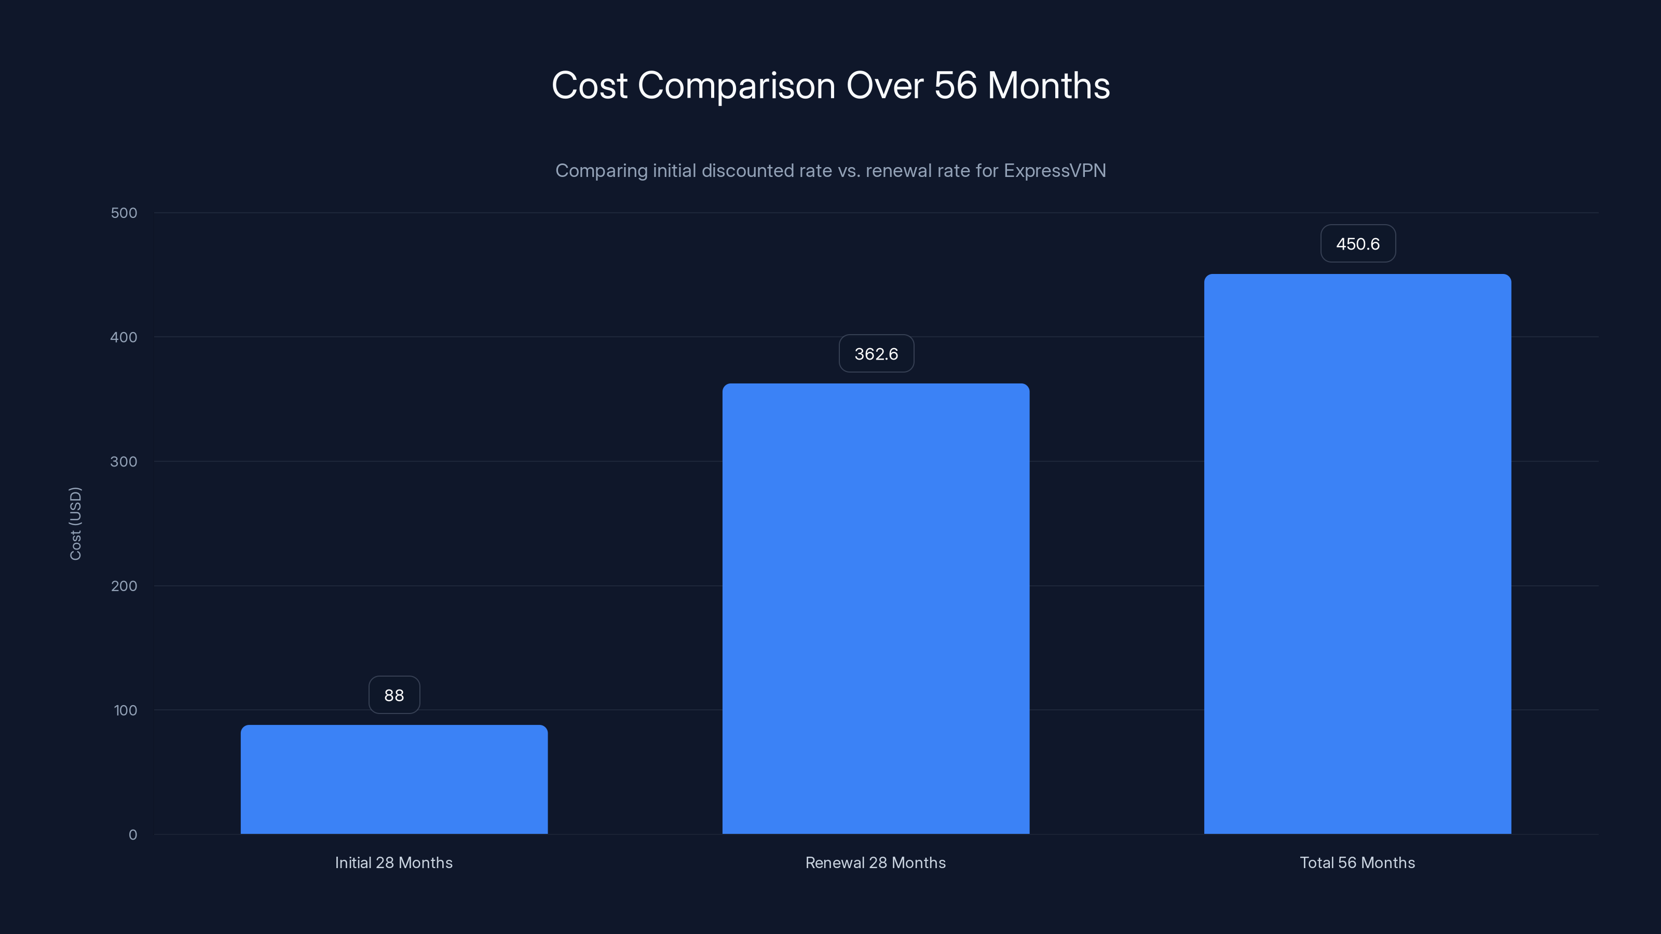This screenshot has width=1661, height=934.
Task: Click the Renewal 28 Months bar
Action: click(876, 609)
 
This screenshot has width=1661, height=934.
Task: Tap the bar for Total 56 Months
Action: click(1357, 554)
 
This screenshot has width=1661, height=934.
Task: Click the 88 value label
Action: click(394, 695)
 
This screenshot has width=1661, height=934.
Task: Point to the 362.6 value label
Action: click(876, 353)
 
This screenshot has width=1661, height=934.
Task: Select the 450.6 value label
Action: click(1357, 244)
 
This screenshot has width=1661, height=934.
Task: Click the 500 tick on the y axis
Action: click(124, 213)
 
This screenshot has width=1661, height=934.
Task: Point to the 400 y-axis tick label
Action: click(124, 337)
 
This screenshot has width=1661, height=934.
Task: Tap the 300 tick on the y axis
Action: click(124, 461)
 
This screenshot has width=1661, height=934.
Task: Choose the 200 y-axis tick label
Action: click(124, 586)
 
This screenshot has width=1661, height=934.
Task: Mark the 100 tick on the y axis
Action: click(125, 710)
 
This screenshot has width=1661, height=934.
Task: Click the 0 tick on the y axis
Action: click(133, 835)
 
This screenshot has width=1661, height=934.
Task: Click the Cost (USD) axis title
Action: click(75, 524)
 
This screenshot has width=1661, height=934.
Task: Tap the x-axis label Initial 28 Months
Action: click(394, 862)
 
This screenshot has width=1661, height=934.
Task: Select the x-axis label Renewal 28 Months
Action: click(876, 862)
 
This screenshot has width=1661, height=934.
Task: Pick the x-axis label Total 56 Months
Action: click(1357, 862)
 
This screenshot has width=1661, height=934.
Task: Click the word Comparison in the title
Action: click(737, 86)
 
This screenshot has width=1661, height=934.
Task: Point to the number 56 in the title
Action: click(955, 86)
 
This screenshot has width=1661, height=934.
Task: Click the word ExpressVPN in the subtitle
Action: click(1055, 170)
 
